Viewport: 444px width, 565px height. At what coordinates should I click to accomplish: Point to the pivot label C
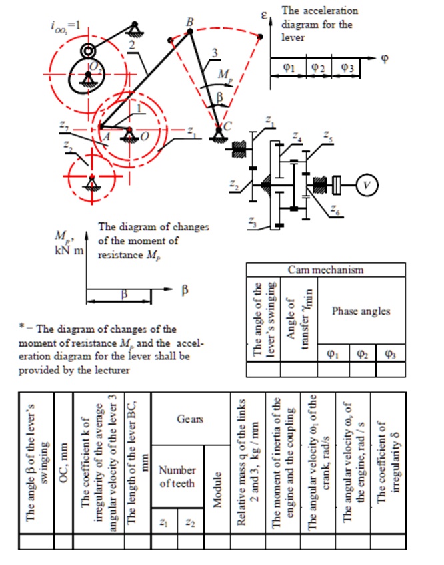click(x=228, y=124)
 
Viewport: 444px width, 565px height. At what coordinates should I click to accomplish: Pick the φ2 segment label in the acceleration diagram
click(x=318, y=67)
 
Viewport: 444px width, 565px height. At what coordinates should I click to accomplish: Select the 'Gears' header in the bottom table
click(x=189, y=420)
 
